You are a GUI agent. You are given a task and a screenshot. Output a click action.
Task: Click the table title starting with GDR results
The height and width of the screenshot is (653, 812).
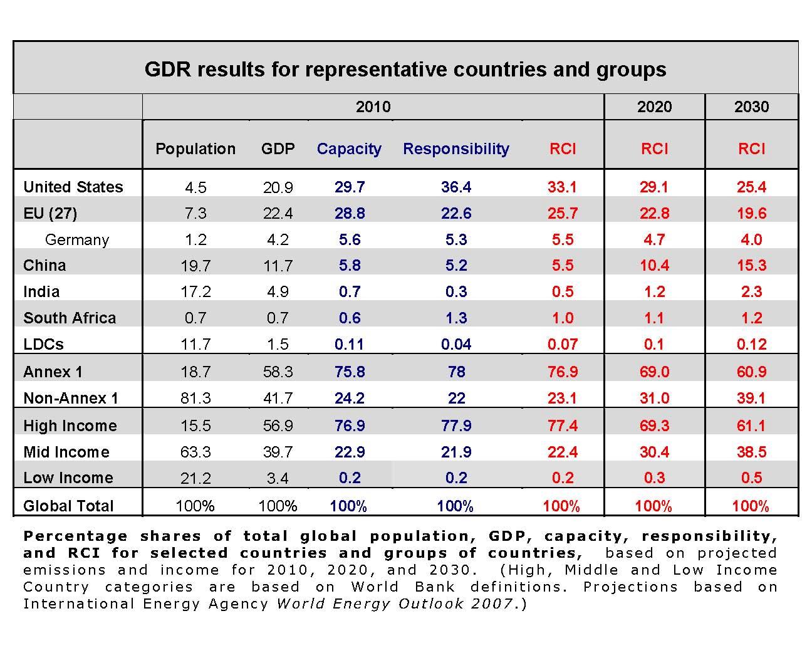(405, 69)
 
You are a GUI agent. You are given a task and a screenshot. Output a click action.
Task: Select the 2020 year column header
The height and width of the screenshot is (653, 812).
(654, 107)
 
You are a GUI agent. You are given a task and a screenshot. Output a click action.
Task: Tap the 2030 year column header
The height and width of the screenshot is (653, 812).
(751, 107)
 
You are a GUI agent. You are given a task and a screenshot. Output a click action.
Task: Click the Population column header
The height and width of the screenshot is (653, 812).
(195, 149)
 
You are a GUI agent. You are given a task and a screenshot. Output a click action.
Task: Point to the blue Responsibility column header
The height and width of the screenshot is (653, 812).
(456, 149)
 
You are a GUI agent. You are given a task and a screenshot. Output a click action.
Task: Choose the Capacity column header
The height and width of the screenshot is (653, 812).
(349, 149)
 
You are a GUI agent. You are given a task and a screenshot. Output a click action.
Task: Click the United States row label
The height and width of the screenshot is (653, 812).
(73, 187)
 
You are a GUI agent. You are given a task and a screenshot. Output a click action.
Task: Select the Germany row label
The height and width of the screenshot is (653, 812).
(76, 239)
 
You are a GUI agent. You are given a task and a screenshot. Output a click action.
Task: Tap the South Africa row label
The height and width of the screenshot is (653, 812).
(70, 318)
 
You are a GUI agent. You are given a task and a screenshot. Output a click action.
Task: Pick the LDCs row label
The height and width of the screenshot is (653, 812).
(43, 344)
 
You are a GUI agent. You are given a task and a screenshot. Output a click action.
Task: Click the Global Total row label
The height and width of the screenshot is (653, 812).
(68, 506)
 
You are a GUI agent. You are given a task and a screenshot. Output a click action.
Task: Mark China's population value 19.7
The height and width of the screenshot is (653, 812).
(195, 266)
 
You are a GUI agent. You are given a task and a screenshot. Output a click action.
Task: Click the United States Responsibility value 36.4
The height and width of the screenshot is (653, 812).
(456, 187)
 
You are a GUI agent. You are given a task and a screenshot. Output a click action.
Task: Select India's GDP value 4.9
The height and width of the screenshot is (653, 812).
(278, 292)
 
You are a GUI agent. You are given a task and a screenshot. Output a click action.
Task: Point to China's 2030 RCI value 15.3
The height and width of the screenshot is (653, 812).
(751, 266)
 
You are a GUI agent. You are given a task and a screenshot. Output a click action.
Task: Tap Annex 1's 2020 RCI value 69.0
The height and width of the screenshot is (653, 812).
(654, 372)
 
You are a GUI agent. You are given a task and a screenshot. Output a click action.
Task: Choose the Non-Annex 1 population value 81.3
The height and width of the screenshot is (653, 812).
(195, 398)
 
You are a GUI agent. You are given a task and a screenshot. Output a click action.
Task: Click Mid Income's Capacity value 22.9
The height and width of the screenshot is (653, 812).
(349, 452)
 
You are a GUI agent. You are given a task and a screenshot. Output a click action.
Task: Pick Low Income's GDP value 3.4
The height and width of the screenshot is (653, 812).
(278, 478)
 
